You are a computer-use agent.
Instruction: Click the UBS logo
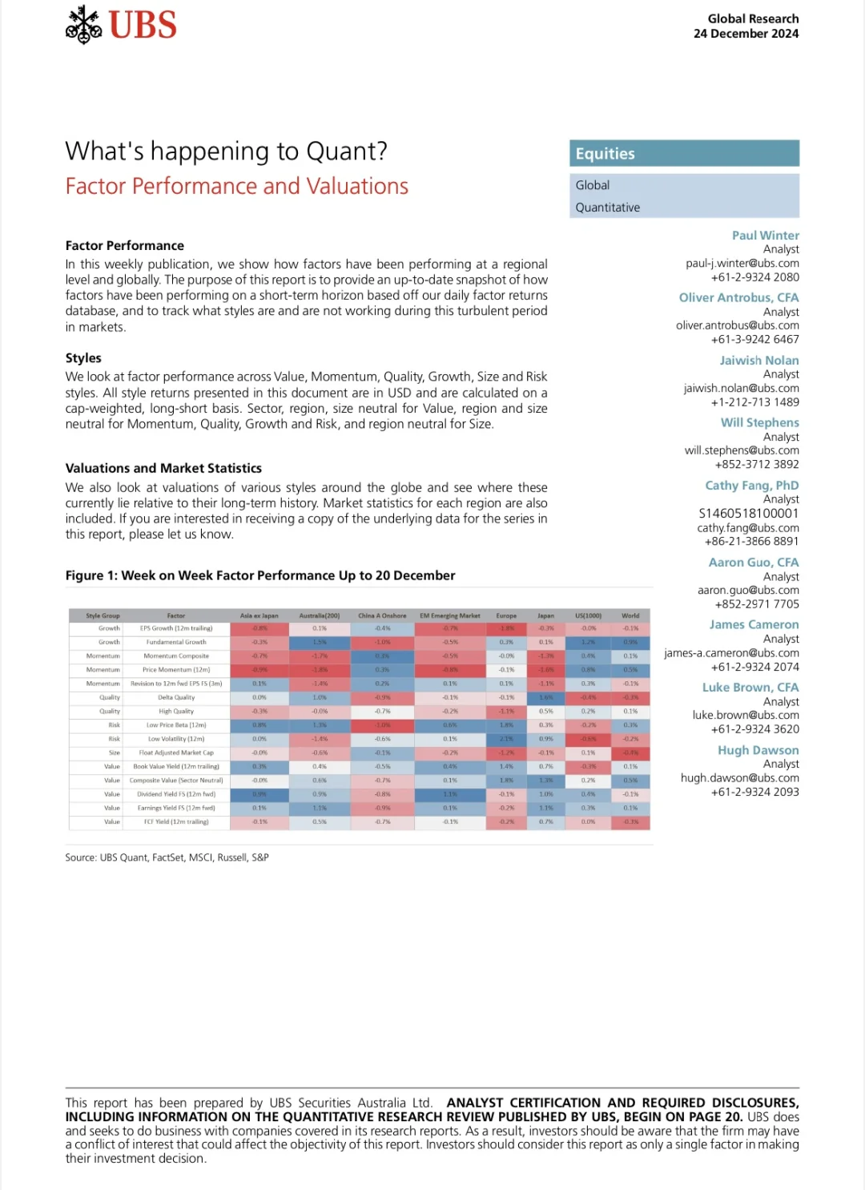click(121, 24)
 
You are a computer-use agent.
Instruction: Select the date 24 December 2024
click(746, 34)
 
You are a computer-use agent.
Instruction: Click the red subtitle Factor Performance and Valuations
click(236, 187)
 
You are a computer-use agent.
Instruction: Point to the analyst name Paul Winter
click(765, 236)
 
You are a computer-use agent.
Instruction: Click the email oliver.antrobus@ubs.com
click(737, 325)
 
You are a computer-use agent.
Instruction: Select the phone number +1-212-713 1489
click(754, 402)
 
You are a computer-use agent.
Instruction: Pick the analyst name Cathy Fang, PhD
click(751, 486)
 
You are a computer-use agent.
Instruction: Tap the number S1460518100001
click(748, 514)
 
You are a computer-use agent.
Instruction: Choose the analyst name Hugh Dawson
click(758, 751)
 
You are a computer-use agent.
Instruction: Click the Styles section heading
click(83, 358)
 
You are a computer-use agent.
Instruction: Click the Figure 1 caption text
click(260, 576)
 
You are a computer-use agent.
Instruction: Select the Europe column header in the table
click(506, 616)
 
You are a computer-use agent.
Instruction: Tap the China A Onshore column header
click(382, 616)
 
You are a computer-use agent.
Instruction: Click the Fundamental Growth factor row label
click(176, 642)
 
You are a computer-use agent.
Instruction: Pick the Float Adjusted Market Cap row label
click(176, 752)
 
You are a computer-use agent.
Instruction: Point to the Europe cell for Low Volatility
click(506, 739)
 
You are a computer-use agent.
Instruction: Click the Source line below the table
click(167, 857)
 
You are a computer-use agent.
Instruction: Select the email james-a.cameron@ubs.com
click(731, 653)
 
